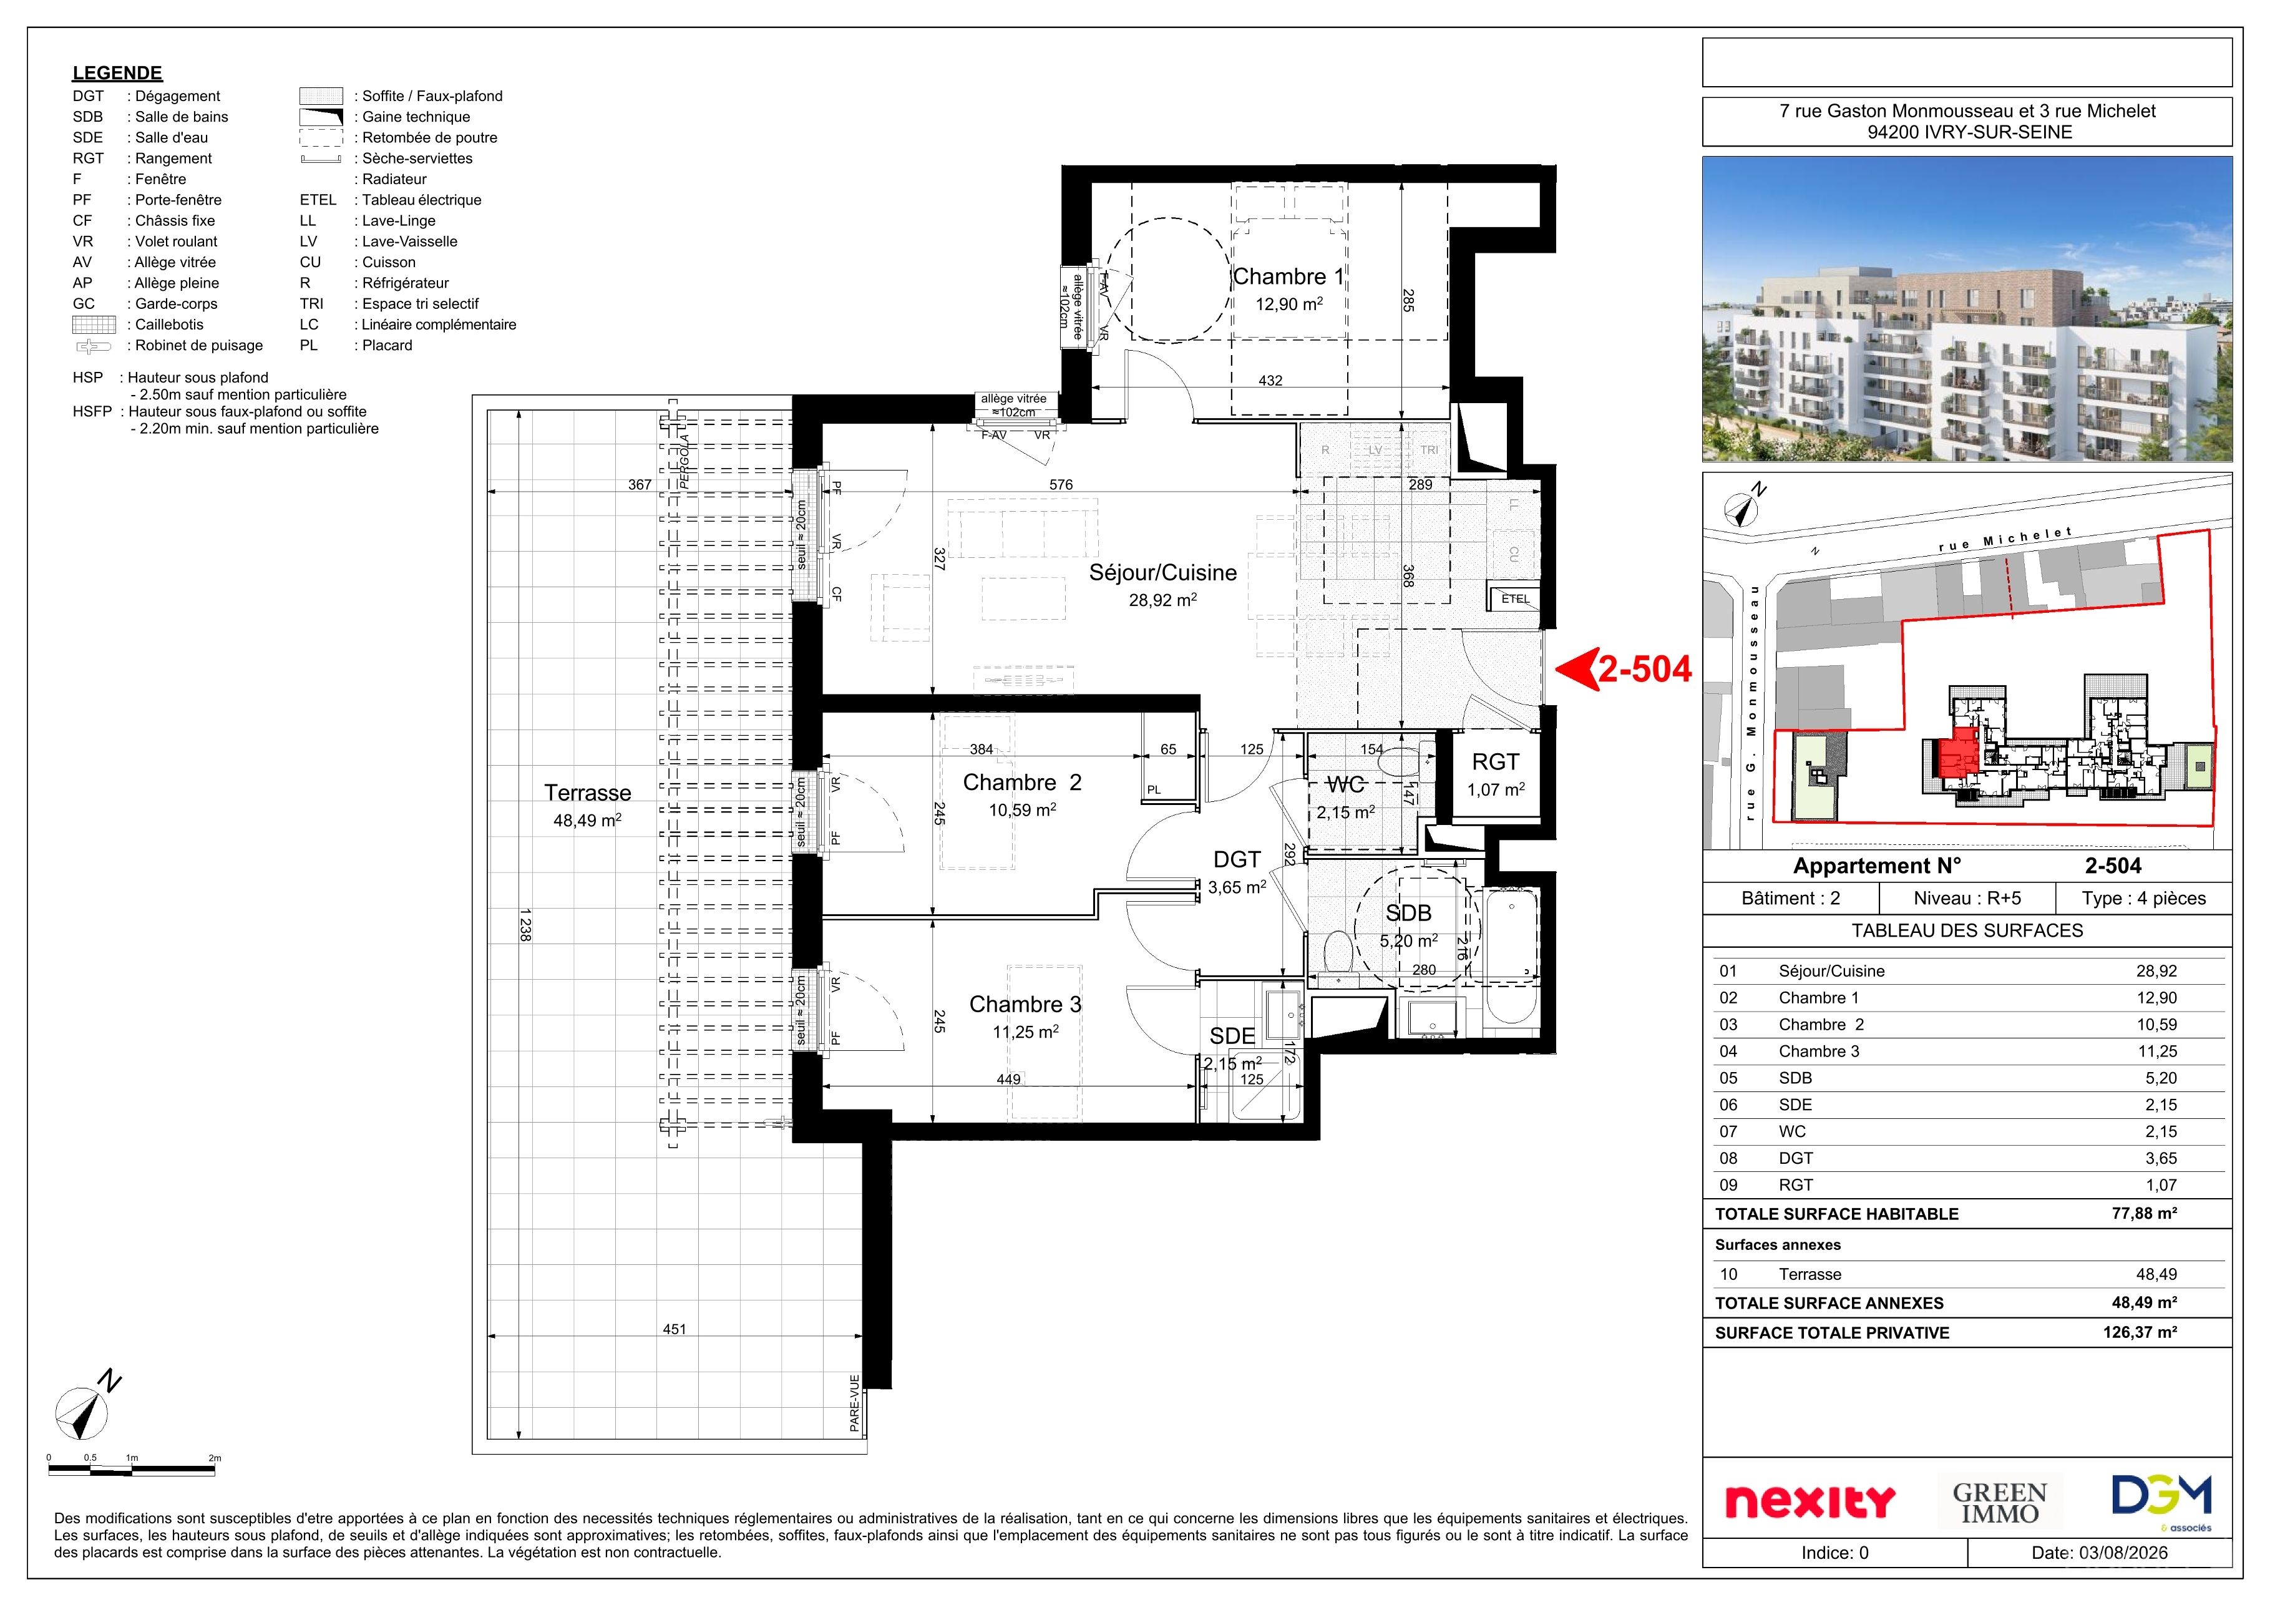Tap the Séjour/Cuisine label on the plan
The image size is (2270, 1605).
(x=1162, y=573)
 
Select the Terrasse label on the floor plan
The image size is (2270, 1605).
(x=587, y=793)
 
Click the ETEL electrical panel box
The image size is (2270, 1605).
(x=1514, y=599)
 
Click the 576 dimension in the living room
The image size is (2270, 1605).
(x=1061, y=485)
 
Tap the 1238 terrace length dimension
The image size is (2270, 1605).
(x=525, y=925)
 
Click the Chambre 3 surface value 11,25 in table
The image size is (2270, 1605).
(x=2157, y=1051)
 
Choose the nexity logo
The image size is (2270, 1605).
(x=1810, y=1501)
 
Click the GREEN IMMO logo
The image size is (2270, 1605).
(x=2000, y=1502)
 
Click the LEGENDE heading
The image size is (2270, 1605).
(x=117, y=73)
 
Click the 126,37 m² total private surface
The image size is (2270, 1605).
(x=2140, y=1332)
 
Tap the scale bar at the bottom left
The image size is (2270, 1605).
(x=132, y=1470)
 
